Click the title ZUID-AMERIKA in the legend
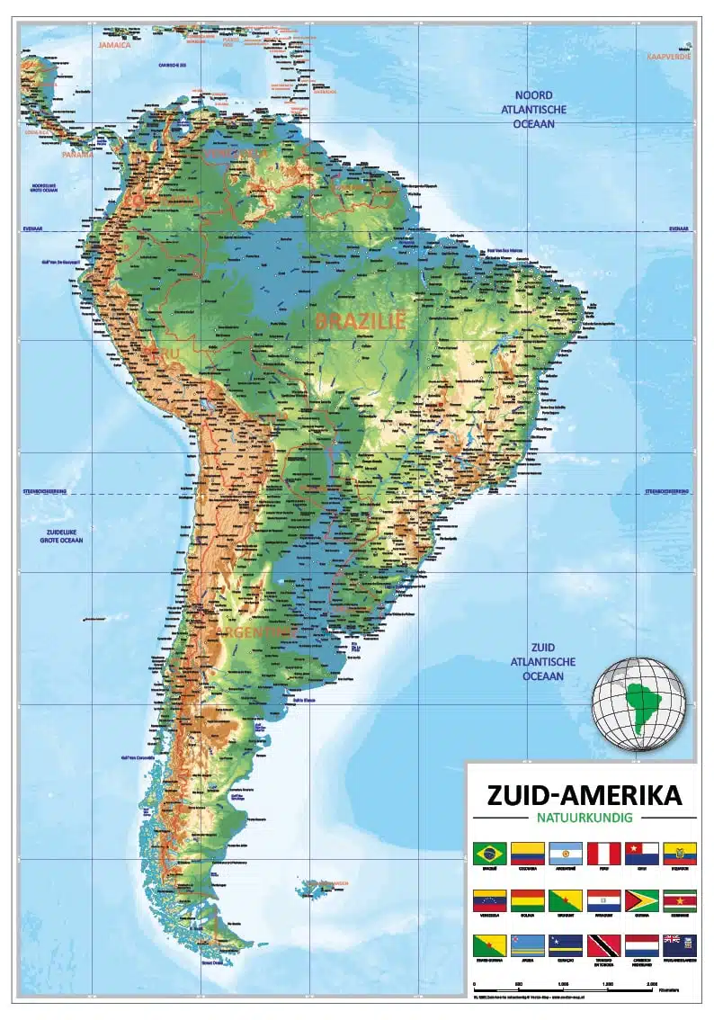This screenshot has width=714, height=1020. (x=584, y=796)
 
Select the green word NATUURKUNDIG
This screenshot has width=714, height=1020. (x=584, y=818)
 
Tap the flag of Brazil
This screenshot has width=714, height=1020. (x=489, y=853)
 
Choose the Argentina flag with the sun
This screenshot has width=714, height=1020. (x=565, y=853)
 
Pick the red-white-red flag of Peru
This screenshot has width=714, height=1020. (x=603, y=853)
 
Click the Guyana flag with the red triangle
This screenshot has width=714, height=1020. (x=641, y=900)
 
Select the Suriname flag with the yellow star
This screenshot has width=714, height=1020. (x=679, y=900)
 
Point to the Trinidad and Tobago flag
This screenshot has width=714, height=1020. (x=603, y=945)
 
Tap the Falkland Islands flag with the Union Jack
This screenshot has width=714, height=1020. (x=679, y=945)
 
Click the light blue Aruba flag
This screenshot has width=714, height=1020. (x=527, y=945)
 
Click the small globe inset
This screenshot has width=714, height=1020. (x=638, y=703)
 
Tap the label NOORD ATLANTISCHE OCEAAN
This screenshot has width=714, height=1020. (x=533, y=110)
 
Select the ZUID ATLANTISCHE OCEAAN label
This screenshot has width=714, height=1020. (x=542, y=661)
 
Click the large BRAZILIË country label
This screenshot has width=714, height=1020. (x=361, y=319)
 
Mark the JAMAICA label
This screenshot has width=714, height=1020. (x=114, y=44)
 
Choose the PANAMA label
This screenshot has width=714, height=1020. (x=77, y=154)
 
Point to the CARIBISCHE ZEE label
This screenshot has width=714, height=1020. (x=177, y=65)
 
